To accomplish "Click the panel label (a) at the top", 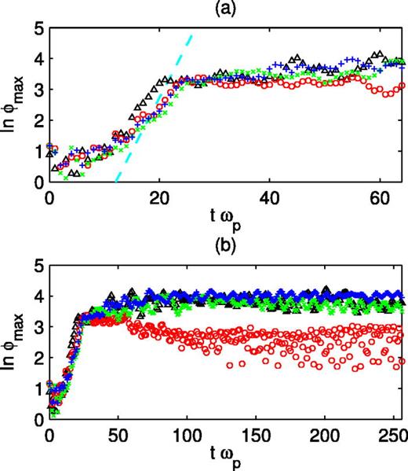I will tap(226, 9).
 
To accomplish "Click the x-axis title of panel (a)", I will tap(226, 217).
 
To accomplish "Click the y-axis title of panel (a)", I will tap(13, 106).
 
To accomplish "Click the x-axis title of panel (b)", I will tap(226, 455).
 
